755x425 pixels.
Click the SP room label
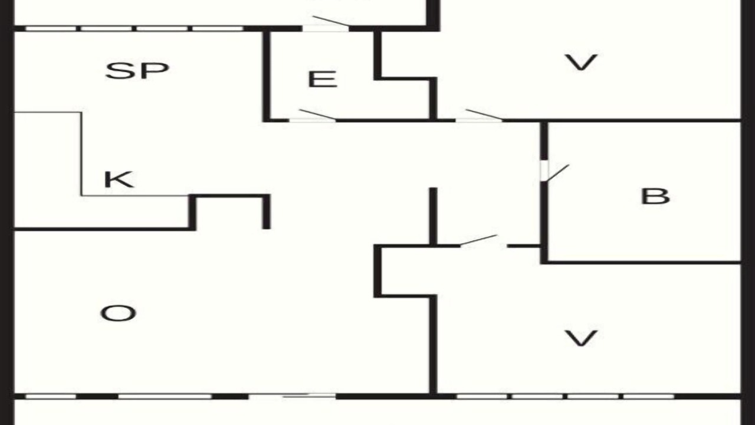pos(137,71)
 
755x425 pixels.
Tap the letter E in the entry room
pos(323,79)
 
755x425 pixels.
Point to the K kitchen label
pos(119,180)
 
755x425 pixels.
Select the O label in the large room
pos(119,313)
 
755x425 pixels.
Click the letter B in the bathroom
pos(655,197)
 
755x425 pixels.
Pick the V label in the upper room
pos(581,63)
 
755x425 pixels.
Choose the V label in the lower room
pos(581,338)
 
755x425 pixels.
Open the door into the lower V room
pos(478,240)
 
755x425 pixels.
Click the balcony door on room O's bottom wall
pos(292,396)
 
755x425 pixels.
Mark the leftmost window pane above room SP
pos(51,29)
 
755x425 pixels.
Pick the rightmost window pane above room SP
pos(218,29)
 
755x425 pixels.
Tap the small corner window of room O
pos(51,396)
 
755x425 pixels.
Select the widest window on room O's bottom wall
pos(165,396)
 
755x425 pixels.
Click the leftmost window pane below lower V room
pos(482,396)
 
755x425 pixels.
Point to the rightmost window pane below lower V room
pos(648,396)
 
